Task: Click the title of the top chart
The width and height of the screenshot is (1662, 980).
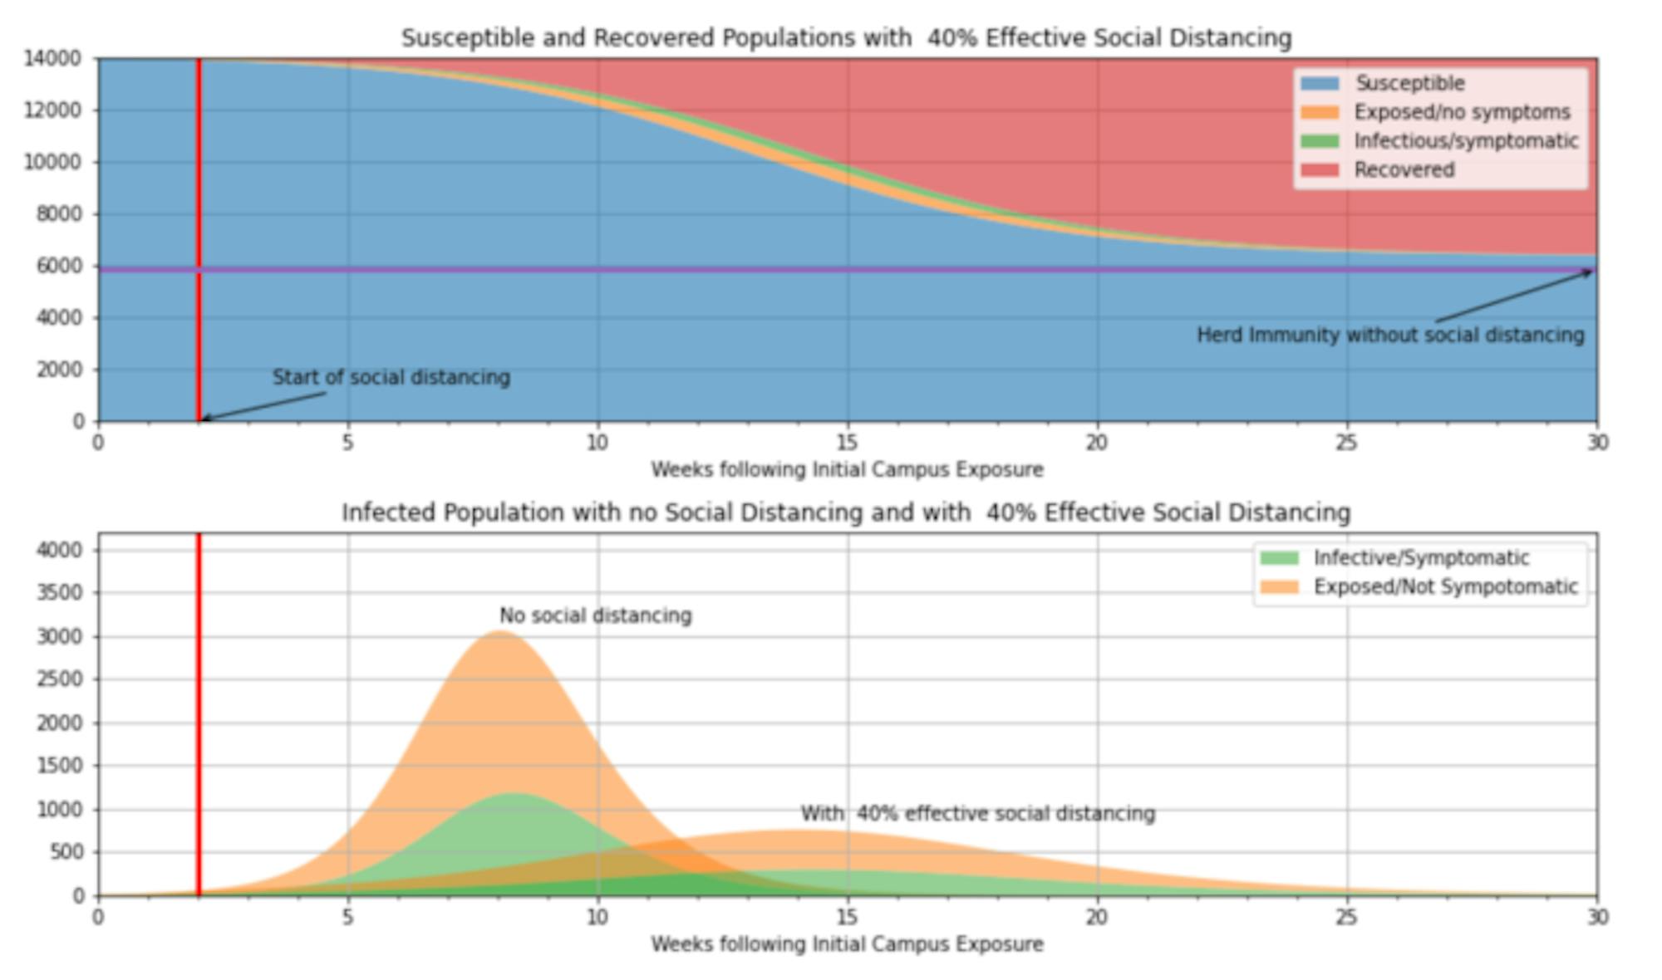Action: point(846,38)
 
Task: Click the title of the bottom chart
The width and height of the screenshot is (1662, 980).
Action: point(846,512)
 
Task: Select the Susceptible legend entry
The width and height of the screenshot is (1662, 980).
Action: point(1409,83)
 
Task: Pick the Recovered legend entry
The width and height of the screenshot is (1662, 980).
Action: point(1404,170)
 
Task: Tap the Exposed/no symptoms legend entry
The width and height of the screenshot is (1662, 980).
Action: point(1462,112)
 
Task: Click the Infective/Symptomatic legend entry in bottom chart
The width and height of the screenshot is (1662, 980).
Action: point(1420,558)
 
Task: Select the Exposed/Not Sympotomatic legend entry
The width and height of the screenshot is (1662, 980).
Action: point(1445,587)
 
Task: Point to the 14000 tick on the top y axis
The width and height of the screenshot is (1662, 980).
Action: point(52,58)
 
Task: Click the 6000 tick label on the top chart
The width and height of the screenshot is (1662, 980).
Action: point(58,266)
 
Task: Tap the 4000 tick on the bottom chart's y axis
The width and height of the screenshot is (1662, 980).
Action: point(59,550)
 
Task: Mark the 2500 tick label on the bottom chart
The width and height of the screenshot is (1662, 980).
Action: point(59,679)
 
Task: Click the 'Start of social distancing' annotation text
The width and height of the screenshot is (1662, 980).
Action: point(391,377)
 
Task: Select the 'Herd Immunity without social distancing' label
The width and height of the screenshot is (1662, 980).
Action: point(1389,335)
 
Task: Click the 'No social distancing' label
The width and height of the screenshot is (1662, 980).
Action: point(595,615)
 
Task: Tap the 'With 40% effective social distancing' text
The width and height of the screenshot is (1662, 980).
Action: point(977,813)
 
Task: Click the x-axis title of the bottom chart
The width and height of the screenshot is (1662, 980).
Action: point(847,944)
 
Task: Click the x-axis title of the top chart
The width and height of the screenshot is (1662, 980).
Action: point(847,470)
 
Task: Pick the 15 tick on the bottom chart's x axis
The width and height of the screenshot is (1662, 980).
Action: point(847,917)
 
